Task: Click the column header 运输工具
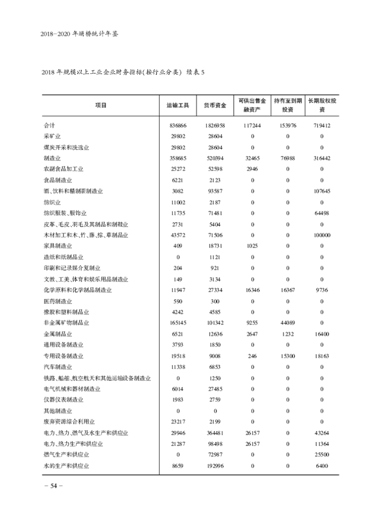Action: [178, 105]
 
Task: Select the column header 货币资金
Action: [215, 105]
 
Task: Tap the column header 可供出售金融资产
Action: [252, 105]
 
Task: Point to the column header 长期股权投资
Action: [322, 105]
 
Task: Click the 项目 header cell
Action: [100, 105]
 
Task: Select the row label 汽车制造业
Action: [58, 367]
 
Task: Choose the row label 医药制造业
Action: [58, 301]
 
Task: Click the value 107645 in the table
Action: [322, 191]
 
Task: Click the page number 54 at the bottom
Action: [50, 486]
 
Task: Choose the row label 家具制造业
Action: [58, 246]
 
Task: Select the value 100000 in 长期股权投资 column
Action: [322, 235]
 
